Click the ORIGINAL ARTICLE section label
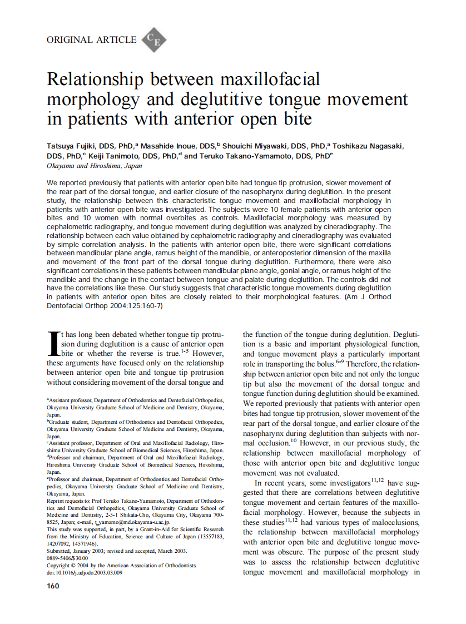(x=91, y=39)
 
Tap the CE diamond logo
(x=153, y=39)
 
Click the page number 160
(x=53, y=586)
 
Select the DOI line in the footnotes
(x=85, y=572)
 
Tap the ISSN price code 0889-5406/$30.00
(x=67, y=558)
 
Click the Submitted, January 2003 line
(x=116, y=551)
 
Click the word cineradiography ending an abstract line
(x=363, y=227)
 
